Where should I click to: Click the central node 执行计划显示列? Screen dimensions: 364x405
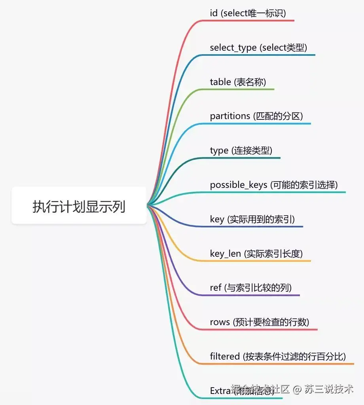pos(79,206)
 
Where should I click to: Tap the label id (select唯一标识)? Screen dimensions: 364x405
pos(248,13)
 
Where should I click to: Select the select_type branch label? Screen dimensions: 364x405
pos(258,48)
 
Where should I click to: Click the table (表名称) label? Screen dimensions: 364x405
pos(238,82)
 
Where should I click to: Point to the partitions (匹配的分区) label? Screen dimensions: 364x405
pos(256,116)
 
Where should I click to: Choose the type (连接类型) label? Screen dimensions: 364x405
pos(241,151)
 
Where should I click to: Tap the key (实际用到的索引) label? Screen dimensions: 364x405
pos(252,219)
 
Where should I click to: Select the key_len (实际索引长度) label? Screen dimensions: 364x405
pos(256,254)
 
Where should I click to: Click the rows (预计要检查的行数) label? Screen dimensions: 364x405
pos(259,322)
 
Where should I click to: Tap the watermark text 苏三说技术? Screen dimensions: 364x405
pos(329,389)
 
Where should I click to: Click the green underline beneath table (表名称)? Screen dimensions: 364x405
pos(245,89)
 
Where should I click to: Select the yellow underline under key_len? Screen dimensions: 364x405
pos(261,261)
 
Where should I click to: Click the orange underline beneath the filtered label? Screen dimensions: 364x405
pos(285,363)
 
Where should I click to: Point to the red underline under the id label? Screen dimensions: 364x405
pos(253,21)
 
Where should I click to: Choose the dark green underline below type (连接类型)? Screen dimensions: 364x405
pos(245,158)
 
